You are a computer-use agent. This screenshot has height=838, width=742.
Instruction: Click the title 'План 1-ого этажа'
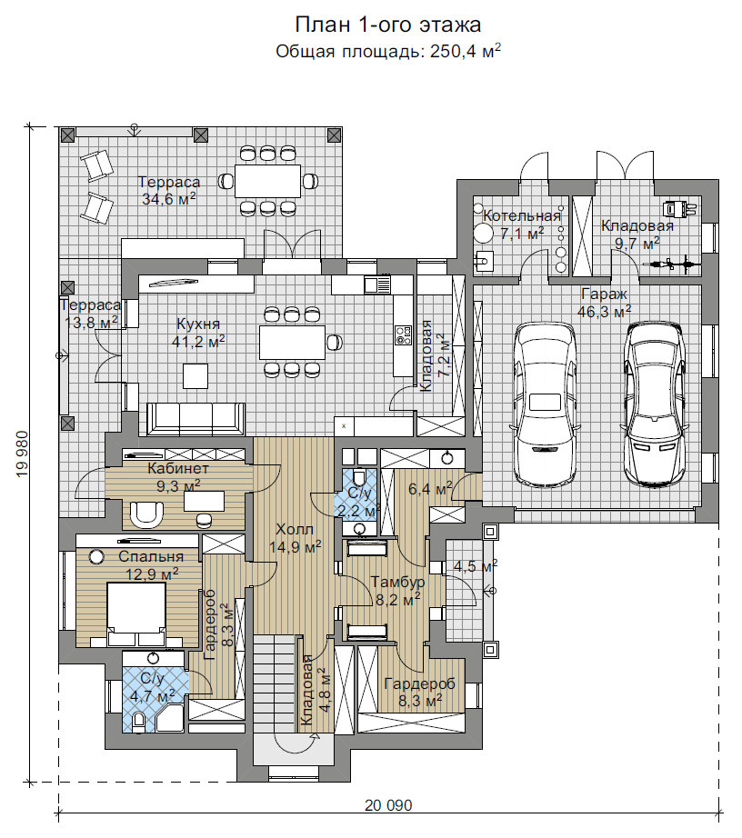tap(388, 25)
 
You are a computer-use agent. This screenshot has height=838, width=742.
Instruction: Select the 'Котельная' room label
tap(522, 216)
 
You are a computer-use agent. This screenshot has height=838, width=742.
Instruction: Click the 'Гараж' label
tap(604, 294)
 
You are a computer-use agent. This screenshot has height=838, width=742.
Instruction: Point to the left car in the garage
tap(546, 405)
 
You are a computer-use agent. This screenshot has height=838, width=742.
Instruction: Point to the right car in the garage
tap(655, 404)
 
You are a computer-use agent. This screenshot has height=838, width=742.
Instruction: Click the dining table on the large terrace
tap(268, 181)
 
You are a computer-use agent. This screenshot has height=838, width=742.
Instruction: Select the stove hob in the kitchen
tap(404, 335)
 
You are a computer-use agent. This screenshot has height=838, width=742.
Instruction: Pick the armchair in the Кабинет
tap(146, 514)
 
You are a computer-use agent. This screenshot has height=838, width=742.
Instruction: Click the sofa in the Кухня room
tap(196, 420)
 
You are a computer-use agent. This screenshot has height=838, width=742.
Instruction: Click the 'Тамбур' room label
tap(397, 582)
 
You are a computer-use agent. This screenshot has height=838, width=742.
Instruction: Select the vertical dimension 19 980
tap(23, 454)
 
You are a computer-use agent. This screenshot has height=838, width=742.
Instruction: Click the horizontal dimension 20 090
tap(388, 805)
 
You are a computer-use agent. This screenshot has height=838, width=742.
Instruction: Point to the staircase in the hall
tap(275, 684)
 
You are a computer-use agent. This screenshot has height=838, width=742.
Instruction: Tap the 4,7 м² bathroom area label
tap(153, 697)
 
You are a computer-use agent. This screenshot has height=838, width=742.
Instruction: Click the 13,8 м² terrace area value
tap(92, 323)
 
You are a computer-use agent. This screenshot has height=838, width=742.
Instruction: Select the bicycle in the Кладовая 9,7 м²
tap(671, 264)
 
